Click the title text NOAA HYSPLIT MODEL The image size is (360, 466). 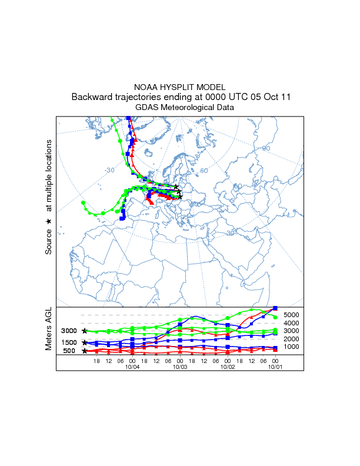(x=180, y=86)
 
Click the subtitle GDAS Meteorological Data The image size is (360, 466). (x=180, y=108)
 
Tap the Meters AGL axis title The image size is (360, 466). (x=49, y=330)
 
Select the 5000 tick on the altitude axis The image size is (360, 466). (x=292, y=315)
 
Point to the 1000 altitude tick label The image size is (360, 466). (x=292, y=347)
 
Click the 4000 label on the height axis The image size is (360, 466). (x=292, y=323)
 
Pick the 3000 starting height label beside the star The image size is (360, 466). (x=69, y=331)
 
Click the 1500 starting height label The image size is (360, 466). (x=69, y=342)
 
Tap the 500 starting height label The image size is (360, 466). (x=69, y=351)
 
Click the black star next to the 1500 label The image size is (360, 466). (x=85, y=342)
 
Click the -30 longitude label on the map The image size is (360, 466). (x=110, y=171)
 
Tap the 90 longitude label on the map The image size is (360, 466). (x=266, y=149)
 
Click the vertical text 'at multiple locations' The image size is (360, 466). (x=49, y=175)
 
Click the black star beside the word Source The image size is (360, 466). (x=49, y=221)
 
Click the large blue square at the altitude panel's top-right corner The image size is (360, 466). (x=276, y=308)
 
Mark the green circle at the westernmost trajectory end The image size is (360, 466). (x=83, y=202)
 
